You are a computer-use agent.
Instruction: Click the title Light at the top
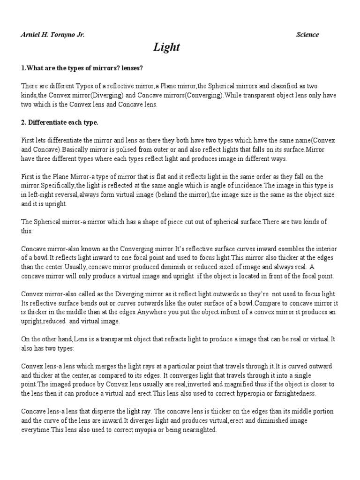[166, 47]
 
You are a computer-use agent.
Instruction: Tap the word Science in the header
[307, 34]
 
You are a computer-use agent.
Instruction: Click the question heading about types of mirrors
[82, 68]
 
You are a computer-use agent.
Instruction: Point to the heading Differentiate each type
[60, 123]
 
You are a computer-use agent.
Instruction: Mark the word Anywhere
[248, 312]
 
